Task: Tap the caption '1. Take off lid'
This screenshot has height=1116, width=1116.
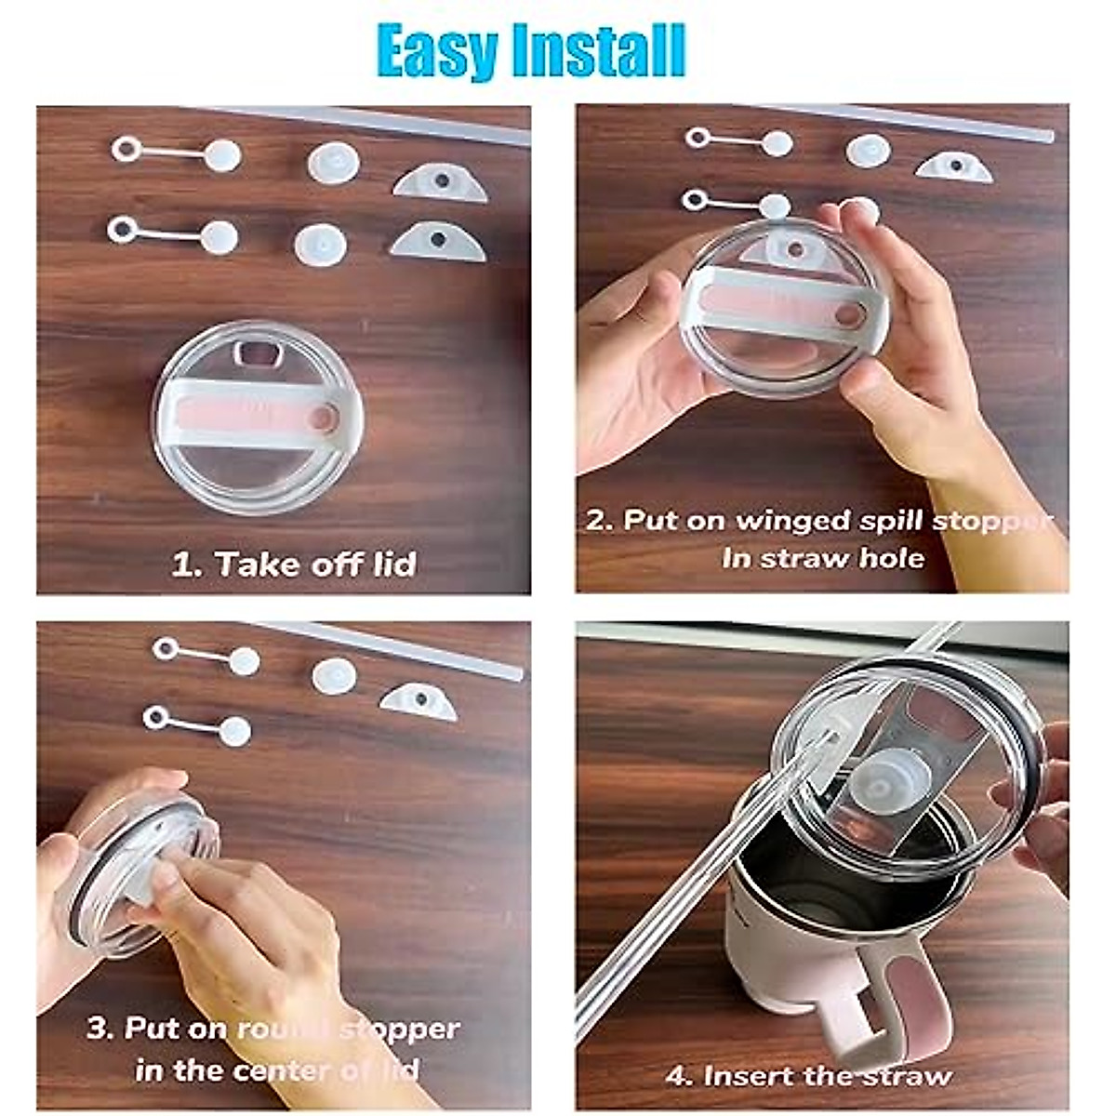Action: pos(294,565)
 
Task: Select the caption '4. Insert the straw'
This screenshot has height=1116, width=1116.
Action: pos(809,1076)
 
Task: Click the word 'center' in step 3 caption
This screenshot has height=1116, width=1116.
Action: pos(278,1070)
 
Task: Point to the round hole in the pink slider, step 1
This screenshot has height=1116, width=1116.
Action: pos(322,418)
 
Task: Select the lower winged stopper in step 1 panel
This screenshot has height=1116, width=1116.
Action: pos(437,242)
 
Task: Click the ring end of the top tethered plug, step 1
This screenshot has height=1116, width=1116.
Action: pos(126,149)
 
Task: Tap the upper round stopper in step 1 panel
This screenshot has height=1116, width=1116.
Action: pos(333,162)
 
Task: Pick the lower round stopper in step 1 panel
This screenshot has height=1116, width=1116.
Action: pos(320,245)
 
